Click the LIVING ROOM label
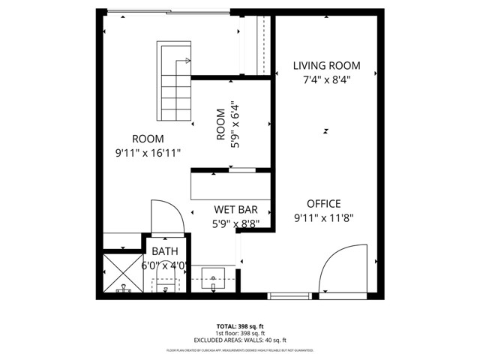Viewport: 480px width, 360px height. pos(326,66)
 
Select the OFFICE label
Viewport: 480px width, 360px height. pos(323,203)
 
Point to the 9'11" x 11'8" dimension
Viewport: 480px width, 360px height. pos(323,218)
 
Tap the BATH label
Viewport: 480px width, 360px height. pos(164,251)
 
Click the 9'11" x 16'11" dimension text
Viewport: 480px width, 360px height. pos(148,152)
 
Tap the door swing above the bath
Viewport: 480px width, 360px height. pos(166,217)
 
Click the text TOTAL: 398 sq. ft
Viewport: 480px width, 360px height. pos(239,326)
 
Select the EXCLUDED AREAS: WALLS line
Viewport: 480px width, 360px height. pos(239,340)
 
